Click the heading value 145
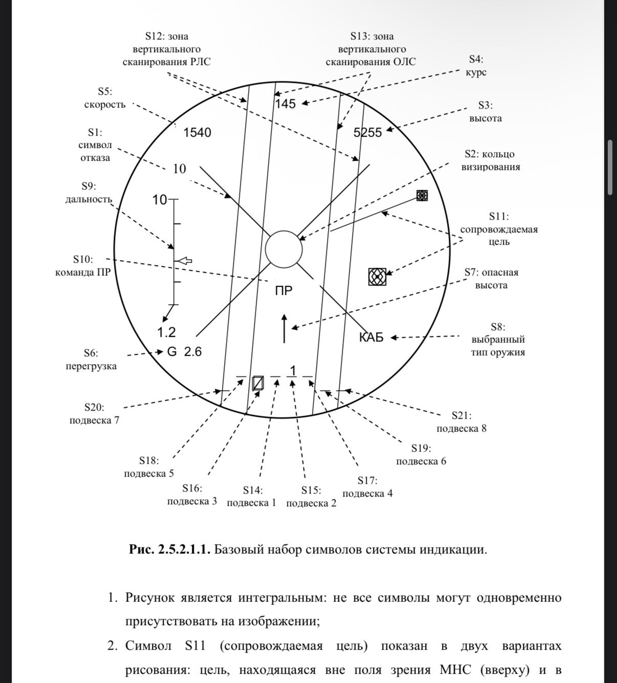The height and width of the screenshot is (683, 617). coord(285,104)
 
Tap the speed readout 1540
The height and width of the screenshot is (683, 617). coord(197,133)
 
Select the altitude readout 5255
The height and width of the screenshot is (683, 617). coord(368,133)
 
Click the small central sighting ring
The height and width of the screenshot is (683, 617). coord(284,249)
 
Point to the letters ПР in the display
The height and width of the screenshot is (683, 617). coord(284,291)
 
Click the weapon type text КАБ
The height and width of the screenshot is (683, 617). coord(371,337)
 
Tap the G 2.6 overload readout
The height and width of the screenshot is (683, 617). coord(185,352)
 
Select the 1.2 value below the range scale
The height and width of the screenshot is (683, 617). coord(166,333)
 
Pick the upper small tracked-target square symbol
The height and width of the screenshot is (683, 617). coord(422,195)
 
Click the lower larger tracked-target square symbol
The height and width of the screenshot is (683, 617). coord(377,276)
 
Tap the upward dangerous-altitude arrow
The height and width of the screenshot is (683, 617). coord(284,329)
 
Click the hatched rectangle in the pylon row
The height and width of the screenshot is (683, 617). coord(258,383)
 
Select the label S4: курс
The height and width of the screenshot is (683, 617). coord(476,66)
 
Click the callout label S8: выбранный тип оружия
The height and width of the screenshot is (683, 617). coord(498,339)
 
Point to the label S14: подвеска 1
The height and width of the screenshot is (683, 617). coord(252,497)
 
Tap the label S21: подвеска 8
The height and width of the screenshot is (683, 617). coord(461,422)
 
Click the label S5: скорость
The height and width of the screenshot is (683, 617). coord(105,98)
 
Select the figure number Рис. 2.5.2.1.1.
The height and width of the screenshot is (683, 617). coord(170,550)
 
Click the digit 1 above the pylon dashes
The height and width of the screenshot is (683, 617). coord(293,370)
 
